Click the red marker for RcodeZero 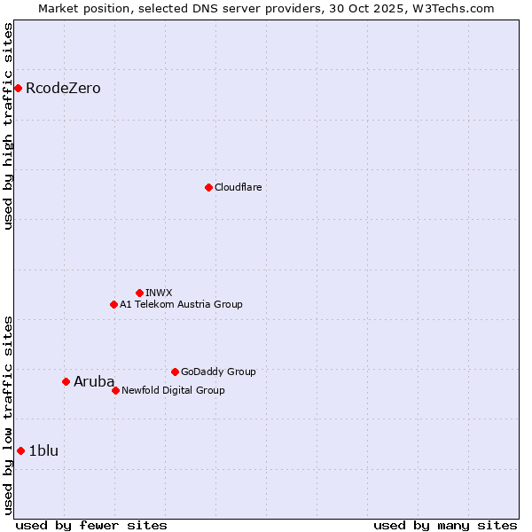click(x=18, y=88)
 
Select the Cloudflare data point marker click(x=208, y=187)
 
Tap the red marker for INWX click(x=139, y=293)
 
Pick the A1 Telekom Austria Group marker click(x=113, y=304)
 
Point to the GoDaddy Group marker click(x=175, y=372)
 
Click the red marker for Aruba click(x=66, y=381)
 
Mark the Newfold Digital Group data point click(x=115, y=390)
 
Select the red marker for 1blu click(x=20, y=450)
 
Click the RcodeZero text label click(x=63, y=88)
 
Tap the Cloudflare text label click(x=238, y=187)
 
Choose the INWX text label click(x=159, y=293)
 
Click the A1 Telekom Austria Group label click(x=181, y=304)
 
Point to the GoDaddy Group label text click(x=218, y=372)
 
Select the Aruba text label click(x=94, y=381)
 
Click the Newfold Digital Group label click(x=173, y=390)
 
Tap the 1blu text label click(x=43, y=450)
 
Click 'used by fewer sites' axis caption click(x=91, y=525)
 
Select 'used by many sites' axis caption click(x=445, y=525)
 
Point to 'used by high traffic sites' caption click(x=8, y=126)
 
